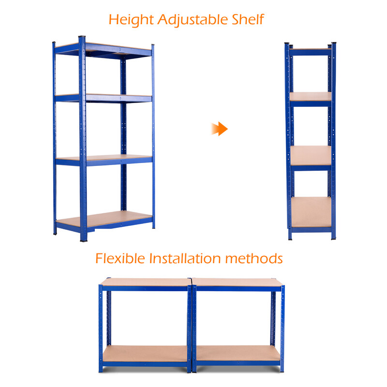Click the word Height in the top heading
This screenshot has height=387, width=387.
tap(131, 20)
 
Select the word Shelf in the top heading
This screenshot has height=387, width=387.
tap(248, 19)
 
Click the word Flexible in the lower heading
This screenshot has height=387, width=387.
tap(120, 258)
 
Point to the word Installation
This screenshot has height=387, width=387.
tap(185, 258)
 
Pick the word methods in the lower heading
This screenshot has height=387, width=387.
tap(254, 258)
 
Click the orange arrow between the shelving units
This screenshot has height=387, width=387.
tap(220, 129)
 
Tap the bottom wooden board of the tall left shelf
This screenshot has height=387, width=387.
tap(104, 219)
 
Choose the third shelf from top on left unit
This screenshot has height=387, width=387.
tap(104, 158)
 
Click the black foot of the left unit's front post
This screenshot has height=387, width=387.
tap(84, 239)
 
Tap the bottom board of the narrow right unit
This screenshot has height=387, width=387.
tap(311, 212)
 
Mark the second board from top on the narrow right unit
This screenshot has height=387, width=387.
tap(311, 96)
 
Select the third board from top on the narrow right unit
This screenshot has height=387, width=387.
tap(311, 155)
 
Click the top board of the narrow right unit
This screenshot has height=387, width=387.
tap(310, 49)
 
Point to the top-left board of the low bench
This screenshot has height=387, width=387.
tap(146, 282)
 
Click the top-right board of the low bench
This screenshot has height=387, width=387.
tap(237, 282)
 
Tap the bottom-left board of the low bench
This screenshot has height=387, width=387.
tap(145, 354)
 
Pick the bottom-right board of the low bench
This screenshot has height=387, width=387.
tap(238, 353)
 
